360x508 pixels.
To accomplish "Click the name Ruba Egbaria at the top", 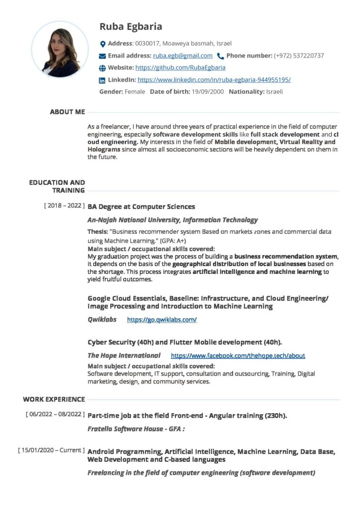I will (131, 27).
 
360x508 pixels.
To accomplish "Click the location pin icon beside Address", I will (103, 44).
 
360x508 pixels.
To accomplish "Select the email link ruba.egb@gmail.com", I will (183, 56).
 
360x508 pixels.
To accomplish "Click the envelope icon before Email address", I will (103, 56).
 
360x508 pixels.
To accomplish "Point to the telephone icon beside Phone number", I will (220, 56).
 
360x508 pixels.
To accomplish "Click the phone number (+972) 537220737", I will (299, 56).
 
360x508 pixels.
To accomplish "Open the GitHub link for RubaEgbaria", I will (180, 67).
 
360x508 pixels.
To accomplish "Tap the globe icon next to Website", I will (103, 68).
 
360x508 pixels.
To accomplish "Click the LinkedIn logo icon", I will (103, 80).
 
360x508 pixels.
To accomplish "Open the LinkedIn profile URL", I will (214, 79).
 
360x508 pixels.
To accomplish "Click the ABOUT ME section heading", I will (68, 112).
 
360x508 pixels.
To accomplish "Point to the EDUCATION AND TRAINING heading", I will (57, 187).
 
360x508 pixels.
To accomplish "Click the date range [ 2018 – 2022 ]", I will (65, 206).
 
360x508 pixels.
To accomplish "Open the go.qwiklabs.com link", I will (162, 319).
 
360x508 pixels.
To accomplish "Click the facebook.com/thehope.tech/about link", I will (238, 356).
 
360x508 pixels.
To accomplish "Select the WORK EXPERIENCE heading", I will (54, 399).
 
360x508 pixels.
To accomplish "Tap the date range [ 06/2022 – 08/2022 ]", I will (55, 414).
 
